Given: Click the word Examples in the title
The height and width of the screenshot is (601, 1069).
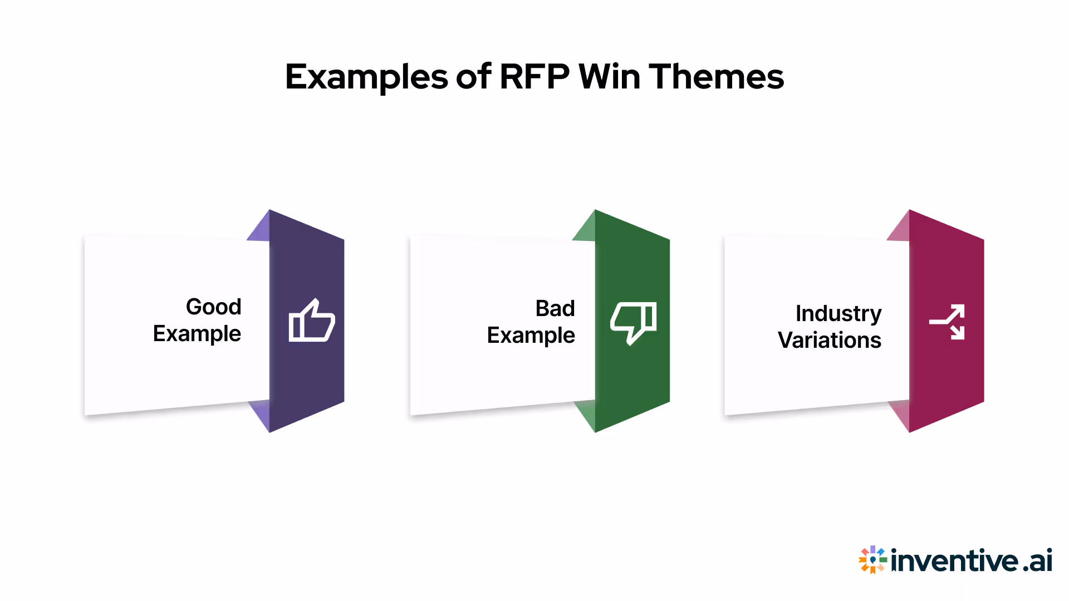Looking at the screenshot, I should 366,77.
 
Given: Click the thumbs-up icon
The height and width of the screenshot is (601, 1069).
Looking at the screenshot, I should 311,321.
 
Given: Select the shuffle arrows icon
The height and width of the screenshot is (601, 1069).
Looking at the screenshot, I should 947,322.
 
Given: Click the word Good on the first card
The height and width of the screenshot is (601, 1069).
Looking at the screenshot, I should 213,307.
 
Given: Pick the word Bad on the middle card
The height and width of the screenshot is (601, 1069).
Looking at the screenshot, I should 555,308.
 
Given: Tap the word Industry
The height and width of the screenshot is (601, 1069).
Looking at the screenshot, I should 838,314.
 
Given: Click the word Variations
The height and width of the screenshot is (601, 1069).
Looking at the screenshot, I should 829,340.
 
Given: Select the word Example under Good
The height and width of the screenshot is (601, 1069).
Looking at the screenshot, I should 197,334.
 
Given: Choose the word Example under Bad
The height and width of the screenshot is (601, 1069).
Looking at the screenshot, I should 531,336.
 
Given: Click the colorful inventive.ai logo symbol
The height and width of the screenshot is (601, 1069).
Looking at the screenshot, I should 872,559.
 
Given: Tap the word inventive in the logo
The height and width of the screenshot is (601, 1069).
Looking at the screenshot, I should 954,560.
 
